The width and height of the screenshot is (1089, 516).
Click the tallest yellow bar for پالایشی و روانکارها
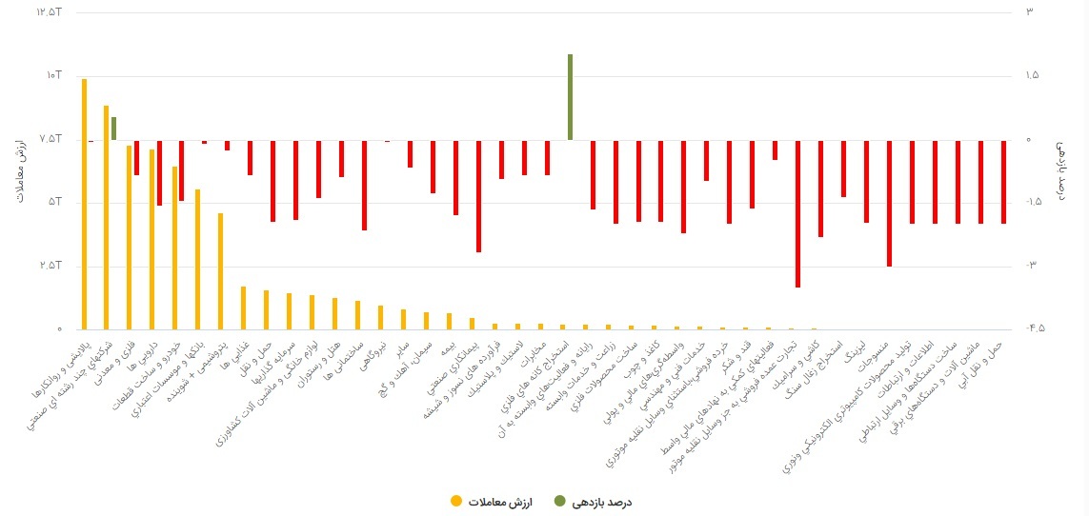pyautogui.click(x=84, y=204)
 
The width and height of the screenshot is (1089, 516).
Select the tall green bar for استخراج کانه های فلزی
pyautogui.click(x=570, y=97)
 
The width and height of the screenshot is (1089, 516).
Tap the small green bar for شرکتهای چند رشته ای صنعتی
pyautogui.click(x=113, y=129)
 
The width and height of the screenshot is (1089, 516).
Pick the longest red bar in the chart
pyautogui.click(x=797, y=213)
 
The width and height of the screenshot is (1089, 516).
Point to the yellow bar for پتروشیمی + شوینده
pyautogui.click(x=221, y=271)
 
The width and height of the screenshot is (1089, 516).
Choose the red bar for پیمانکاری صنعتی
pyautogui.click(x=478, y=196)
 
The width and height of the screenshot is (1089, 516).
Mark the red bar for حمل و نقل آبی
pyautogui.click(x=1003, y=182)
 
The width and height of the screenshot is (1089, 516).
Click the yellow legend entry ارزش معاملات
pyautogui.click(x=490, y=501)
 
